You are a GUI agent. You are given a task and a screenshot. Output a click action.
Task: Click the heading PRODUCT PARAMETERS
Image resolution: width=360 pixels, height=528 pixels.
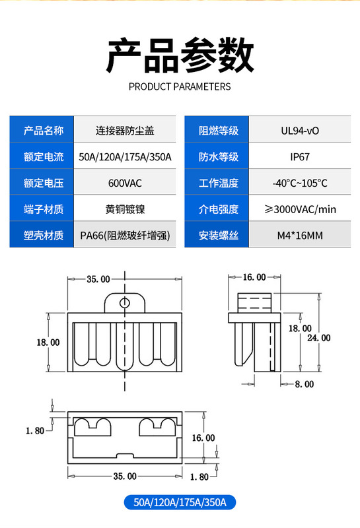tap(180, 86)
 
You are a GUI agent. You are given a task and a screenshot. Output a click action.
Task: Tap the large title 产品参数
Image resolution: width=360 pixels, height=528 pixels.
tap(180, 55)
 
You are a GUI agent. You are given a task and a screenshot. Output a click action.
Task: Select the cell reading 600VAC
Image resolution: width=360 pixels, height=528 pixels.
tap(125, 183)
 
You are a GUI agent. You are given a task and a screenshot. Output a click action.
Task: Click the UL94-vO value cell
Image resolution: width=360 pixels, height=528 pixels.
tap(300, 130)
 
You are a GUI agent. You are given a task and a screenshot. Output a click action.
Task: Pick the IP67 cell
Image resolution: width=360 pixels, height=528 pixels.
tap(300, 156)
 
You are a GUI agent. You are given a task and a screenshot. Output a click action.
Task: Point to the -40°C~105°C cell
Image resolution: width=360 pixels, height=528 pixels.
tap(300, 183)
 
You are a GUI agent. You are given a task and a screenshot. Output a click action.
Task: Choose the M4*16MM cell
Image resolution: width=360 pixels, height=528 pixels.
tap(300, 235)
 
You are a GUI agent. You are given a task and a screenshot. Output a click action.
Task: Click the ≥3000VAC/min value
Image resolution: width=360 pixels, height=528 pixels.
tap(300, 209)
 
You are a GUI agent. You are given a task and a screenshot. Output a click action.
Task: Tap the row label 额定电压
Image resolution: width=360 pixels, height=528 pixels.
tap(44, 183)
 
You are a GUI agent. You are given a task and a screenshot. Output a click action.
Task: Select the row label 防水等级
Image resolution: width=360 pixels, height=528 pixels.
tap(219, 156)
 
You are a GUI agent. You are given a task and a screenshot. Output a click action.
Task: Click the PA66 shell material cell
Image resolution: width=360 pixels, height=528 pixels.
tap(125, 235)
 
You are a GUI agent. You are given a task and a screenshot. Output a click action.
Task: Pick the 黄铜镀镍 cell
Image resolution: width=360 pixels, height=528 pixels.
tap(125, 209)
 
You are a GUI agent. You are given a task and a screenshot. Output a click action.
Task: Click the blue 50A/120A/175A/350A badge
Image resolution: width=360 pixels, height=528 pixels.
tap(180, 502)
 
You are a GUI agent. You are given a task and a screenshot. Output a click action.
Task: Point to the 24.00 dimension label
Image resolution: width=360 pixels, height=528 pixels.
tap(318, 338)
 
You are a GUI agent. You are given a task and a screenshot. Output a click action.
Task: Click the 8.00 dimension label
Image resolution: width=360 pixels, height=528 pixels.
tap(305, 384)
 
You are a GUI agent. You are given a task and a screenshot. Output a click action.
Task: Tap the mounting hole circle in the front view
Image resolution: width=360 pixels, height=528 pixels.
tap(125, 303)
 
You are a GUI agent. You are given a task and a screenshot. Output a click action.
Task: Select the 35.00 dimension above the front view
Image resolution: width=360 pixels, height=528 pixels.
tap(98, 279)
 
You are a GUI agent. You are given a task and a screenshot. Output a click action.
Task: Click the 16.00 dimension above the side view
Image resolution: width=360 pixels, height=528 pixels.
tap(254, 277)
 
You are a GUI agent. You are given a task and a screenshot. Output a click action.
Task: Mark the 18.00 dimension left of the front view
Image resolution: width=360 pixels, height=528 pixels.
tap(48, 343)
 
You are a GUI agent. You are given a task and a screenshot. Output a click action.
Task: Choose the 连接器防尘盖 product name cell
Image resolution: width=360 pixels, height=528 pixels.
tap(125, 130)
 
